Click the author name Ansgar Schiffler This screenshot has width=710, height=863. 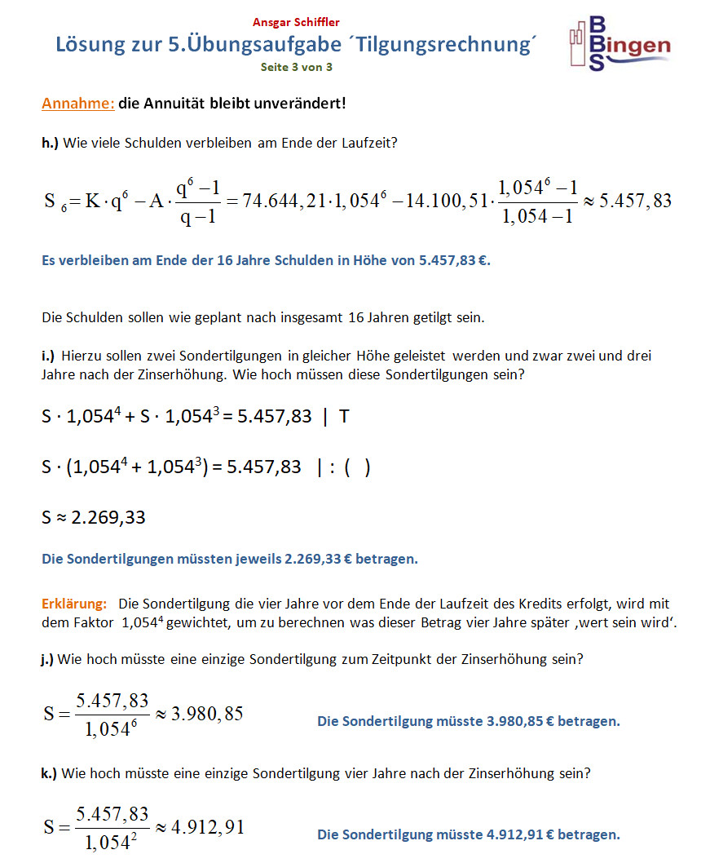pos(296,22)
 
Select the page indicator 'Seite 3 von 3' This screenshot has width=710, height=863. pos(296,67)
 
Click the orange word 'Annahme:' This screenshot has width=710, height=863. pos(78,104)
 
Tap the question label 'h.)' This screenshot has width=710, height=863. pos(51,143)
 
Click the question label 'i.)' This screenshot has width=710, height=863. pos(48,356)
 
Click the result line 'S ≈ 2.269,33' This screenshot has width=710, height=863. pos(94,517)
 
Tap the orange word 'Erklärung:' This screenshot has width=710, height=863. pos(74,604)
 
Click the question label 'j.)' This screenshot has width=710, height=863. pos(47,660)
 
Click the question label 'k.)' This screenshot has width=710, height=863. pos(49,773)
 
